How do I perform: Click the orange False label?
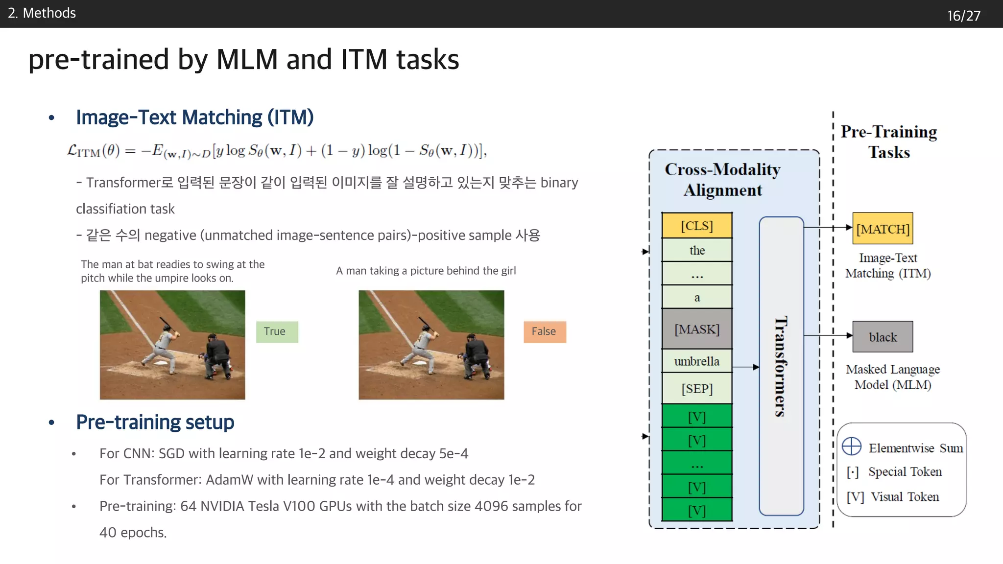(x=545, y=332)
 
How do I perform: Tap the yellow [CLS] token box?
(x=696, y=226)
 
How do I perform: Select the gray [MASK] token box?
(x=696, y=329)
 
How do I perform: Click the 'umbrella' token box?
(x=696, y=361)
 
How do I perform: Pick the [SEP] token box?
(x=696, y=389)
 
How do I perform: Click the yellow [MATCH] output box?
(x=883, y=229)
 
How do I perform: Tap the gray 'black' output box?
(x=883, y=337)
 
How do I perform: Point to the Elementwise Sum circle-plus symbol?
(x=852, y=446)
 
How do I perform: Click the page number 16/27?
(x=963, y=16)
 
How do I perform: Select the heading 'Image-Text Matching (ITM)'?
(x=194, y=117)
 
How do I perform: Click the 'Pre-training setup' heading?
(x=155, y=422)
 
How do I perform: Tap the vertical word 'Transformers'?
(x=781, y=366)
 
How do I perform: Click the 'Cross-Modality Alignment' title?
(x=722, y=180)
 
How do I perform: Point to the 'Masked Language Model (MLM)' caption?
(x=892, y=377)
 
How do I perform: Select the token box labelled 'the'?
(x=696, y=251)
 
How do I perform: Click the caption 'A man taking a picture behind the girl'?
(x=426, y=271)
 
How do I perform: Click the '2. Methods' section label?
(x=42, y=13)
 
